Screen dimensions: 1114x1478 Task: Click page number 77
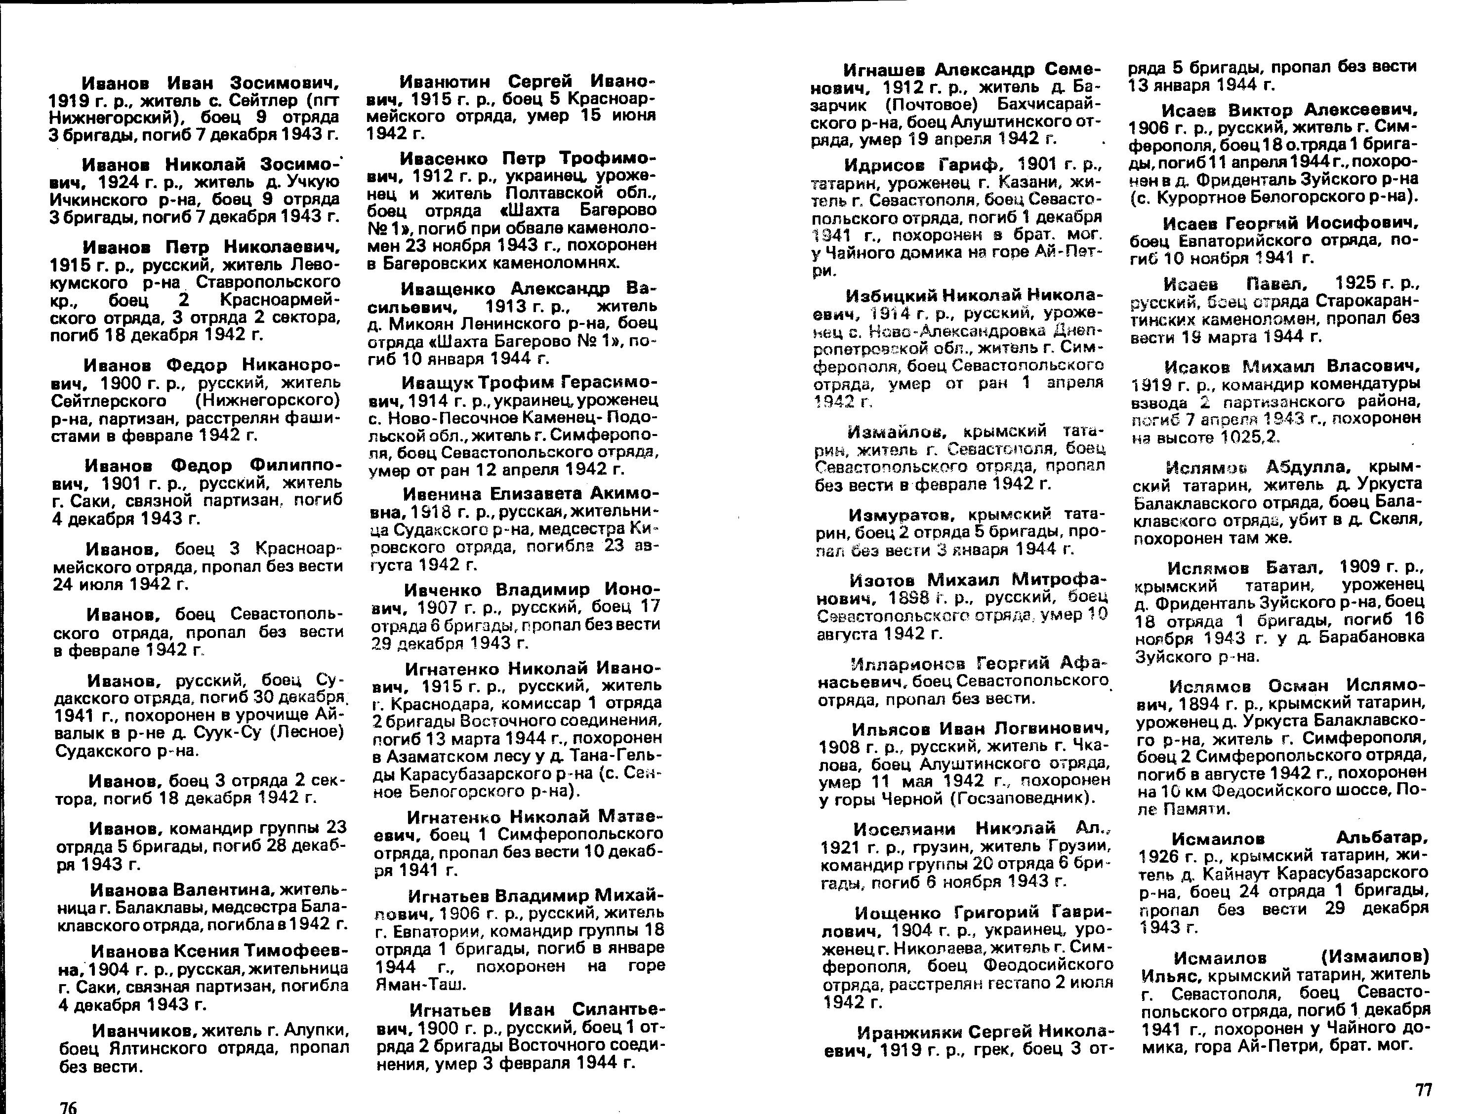(x=1424, y=1090)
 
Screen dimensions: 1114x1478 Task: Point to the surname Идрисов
(x=886, y=165)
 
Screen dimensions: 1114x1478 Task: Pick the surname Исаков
(x=1198, y=367)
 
